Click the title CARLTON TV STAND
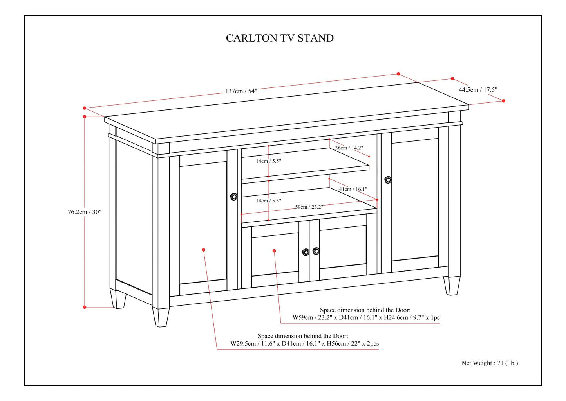click(x=280, y=38)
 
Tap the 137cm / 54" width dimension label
click(x=241, y=91)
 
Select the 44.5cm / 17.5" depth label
click(x=478, y=90)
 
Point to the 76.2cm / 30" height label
click(x=85, y=212)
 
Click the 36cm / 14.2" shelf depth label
click(x=349, y=148)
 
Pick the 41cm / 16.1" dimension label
click(x=353, y=189)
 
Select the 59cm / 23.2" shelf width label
click(x=309, y=207)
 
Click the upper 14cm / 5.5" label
click(x=269, y=161)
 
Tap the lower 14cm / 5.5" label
click(x=269, y=200)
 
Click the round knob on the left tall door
click(x=234, y=197)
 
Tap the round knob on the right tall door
click(x=388, y=180)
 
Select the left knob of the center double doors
click(x=306, y=252)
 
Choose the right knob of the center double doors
click(x=316, y=251)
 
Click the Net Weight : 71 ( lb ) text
click(x=490, y=363)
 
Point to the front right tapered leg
click(x=452, y=286)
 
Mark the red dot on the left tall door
click(x=203, y=250)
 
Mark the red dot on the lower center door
click(x=274, y=250)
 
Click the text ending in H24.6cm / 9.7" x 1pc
click(x=366, y=317)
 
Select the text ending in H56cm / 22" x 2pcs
click(x=304, y=343)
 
